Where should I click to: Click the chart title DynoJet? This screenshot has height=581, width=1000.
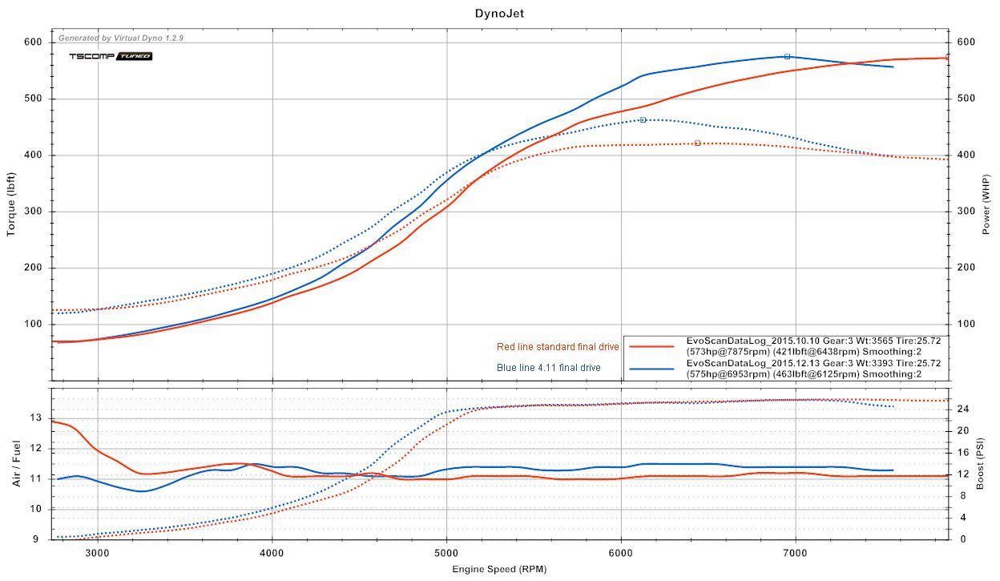pyautogui.click(x=499, y=13)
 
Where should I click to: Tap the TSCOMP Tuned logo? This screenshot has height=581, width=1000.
pyautogui.click(x=110, y=56)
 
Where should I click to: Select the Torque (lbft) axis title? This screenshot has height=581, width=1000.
pyautogui.click(x=11, y=205)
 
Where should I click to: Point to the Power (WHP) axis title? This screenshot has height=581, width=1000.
pyautogui.click(x=988, y=205)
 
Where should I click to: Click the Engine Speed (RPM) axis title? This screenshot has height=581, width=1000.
pyautogui.click(x=499, y=569)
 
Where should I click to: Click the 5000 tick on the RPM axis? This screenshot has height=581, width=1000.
pyautogui.click(x=446, y=552)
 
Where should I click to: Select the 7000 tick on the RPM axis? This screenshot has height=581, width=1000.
pyautogui.click(x=795, y=552)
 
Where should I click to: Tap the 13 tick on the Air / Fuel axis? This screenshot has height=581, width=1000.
pyautogui.click(x=35, y=418)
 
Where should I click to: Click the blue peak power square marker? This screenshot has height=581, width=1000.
pyautogui.click(x=787, y=57)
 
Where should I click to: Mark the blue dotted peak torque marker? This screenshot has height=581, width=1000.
pyautogui.click(x=643, y=120)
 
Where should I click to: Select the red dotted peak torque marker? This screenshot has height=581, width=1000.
pyautogui.click(x=697, y=143)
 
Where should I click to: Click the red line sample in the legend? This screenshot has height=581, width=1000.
pyautogui.click(x=651, y=346)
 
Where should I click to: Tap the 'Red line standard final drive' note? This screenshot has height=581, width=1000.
pyautogui.click(x=558, y=347)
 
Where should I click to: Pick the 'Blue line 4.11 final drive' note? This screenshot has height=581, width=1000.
pyautogui.click(x=549, y=368)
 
